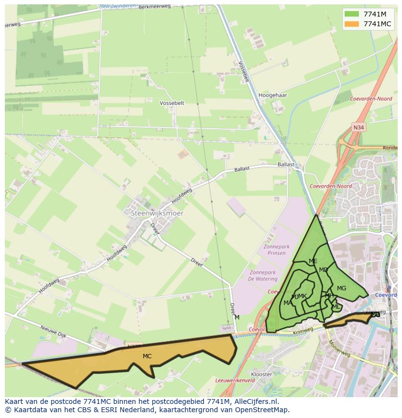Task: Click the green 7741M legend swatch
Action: (x=352, y=14)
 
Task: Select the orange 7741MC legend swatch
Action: (x=352, y=24)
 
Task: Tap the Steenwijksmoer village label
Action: (x=154, y=213)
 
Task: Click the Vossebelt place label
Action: (x=172, y=103)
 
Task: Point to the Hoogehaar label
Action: (x=273, y=96)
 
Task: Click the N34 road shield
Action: (x=358, y=127)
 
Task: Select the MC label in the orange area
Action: (x=147, y=356)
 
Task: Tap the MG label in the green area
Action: (x=341, y=288)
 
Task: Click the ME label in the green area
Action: (x=313, y=261)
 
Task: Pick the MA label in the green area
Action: (x=287, y=303)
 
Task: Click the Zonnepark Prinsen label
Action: (x=276, y=250)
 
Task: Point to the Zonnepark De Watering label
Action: (x=263, y=276)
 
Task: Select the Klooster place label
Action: (x=262, y=374)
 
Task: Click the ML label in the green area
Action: (x=336, y=307)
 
